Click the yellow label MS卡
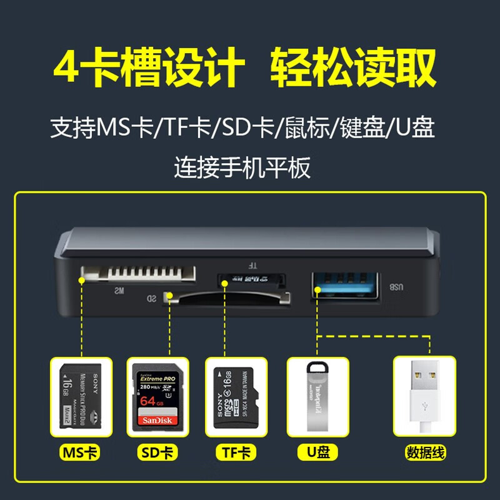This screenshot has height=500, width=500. [81, 452]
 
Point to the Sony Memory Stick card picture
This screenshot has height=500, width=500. [81, 396]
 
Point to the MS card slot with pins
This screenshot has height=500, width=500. [138, 273]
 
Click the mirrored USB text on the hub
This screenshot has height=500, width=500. [396, 287]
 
